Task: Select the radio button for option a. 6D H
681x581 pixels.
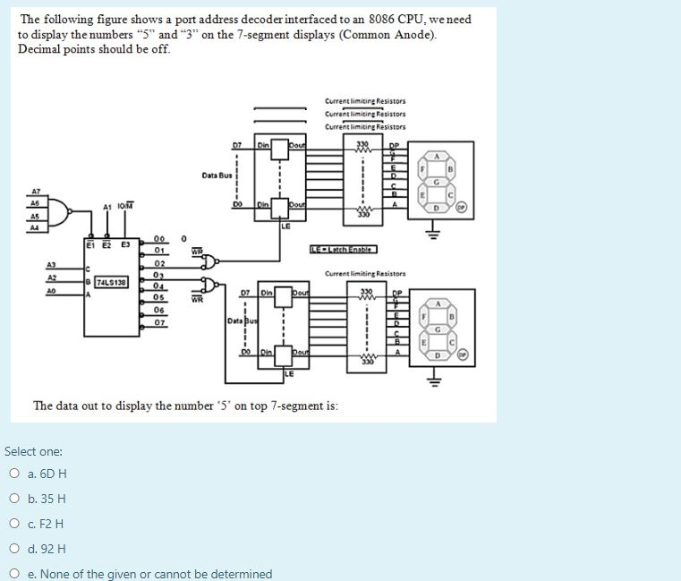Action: (14, 474)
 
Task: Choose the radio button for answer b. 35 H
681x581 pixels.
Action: (14, 499)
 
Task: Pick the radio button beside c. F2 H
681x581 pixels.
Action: (14, 524)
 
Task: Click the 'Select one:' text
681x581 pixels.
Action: (33, 452)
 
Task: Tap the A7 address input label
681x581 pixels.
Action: (37, 192)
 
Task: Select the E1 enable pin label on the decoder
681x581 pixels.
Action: (90, 244)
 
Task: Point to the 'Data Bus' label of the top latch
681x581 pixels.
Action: (217, 175)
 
